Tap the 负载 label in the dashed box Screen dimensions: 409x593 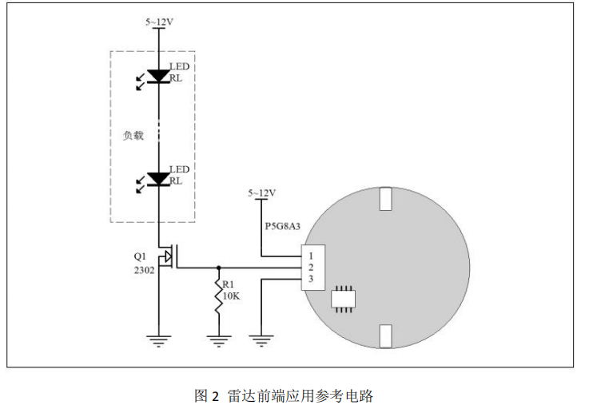[133, 135]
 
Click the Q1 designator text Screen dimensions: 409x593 [140, 257]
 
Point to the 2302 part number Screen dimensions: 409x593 [143, 270]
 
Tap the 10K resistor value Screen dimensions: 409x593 [233, 296]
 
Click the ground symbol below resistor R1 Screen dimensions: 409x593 [218, 340]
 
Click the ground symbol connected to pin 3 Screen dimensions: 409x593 [261, 340]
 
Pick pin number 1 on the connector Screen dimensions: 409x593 [311, 255]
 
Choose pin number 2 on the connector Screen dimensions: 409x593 [311, 267]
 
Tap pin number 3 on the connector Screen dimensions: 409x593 [311, 279]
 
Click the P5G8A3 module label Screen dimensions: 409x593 [282, 226]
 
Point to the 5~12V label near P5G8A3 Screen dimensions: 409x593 [261, 193]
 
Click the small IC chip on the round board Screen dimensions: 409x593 [343, 296]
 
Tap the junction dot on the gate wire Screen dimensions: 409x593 [218, 268]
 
